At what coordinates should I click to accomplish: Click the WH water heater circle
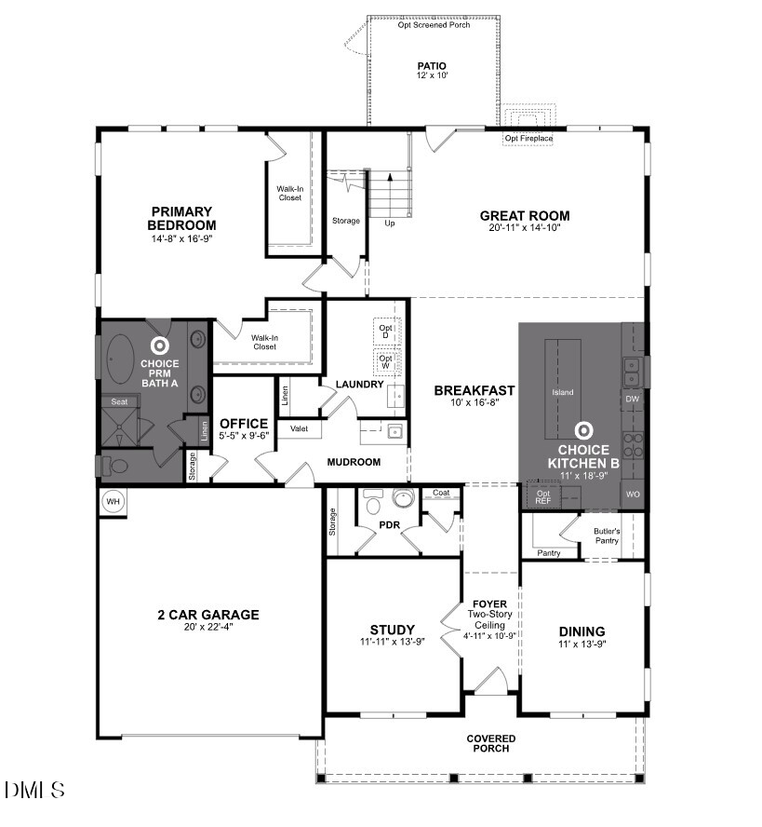114,501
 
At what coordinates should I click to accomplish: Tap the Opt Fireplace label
528,139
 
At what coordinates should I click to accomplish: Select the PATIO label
432,66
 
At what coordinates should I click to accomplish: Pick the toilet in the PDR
374,505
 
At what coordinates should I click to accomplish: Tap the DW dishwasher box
633,400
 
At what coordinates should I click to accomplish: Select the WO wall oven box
633,495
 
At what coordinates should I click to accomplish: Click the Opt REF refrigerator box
543,495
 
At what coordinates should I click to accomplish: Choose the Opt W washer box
386,360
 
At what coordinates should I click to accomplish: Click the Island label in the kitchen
563,392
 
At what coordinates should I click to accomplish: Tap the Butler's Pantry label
607,536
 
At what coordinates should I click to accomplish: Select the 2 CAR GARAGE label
208,615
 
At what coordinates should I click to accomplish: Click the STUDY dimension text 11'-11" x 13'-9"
392,643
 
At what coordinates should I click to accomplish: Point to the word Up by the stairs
389,223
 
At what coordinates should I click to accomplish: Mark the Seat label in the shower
119,401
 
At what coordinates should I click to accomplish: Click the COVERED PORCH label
491,743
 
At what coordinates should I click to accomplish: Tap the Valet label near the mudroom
300,428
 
